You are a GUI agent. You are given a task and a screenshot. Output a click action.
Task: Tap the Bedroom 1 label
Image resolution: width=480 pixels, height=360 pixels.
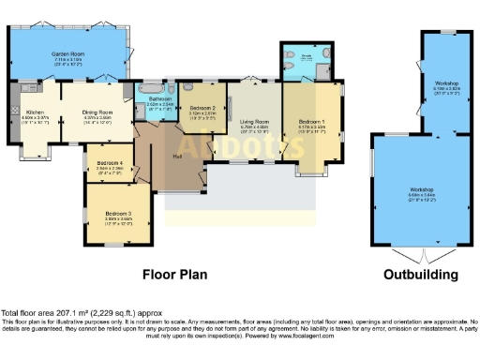(313, 123)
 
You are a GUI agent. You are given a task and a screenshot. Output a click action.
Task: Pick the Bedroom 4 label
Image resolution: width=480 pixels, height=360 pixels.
(110, 166)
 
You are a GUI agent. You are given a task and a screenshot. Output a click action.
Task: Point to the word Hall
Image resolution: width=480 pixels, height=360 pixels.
(178, 156)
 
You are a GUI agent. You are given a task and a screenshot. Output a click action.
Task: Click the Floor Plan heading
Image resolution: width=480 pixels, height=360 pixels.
(174, 275)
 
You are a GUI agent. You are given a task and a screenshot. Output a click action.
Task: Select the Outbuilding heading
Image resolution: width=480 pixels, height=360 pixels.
(420, 275)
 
